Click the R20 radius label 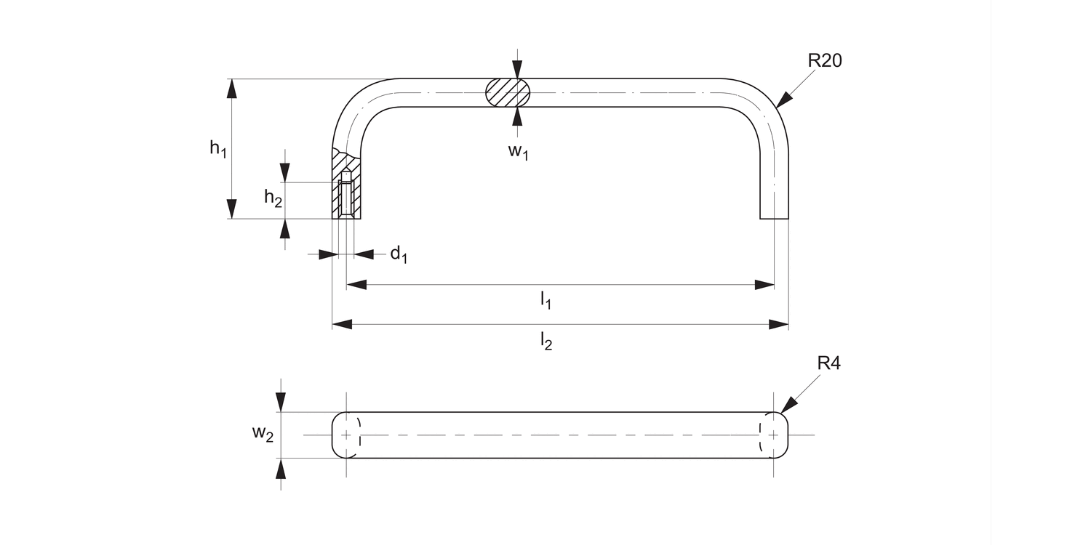[x=824, y=61]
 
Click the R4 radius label [x=828, y=364]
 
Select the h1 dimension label [x=218, y=148]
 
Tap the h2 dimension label [x=273, y=197]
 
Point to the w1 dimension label [x=517, y=152]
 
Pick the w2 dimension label [x=263, y=434]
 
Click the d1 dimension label [x=399, y=254]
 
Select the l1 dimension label [x=545, y=300]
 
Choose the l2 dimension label [x=545, y=340]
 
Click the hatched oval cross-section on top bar [x=508, y=93]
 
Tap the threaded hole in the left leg [x=347, y=196]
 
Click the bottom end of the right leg [x=774, y=217]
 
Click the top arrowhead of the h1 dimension [x=231, y=88]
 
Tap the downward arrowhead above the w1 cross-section [x=516, y=70]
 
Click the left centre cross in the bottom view [x=346, y=435]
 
